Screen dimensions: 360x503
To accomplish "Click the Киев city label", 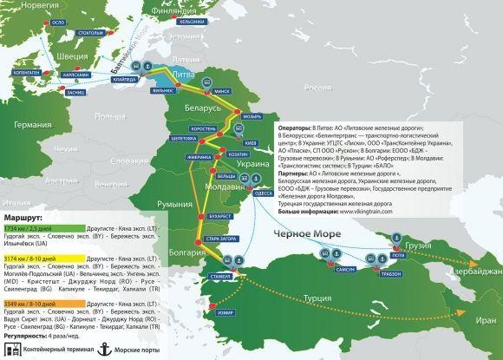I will [x=251, y=141].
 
